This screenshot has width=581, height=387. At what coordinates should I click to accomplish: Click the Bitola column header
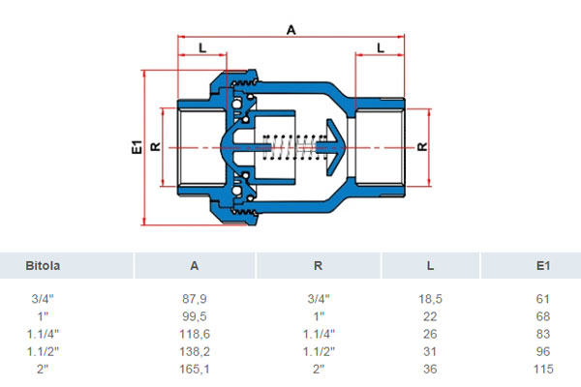tap(43, 265)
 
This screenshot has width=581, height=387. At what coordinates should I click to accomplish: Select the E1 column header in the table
tap(543, 265)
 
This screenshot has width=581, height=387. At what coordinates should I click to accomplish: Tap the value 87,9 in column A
tap(195, 299)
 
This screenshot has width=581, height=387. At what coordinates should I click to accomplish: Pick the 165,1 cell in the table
tap(195, 369)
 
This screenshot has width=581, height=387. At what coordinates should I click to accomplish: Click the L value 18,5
tap(430, 299)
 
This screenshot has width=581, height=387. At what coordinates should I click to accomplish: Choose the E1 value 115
tap(543, 369)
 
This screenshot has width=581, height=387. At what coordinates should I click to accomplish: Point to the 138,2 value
tap(195, 351)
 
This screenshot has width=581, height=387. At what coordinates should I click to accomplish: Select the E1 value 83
tap(543, 334)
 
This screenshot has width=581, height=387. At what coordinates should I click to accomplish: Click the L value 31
tap(430, 351)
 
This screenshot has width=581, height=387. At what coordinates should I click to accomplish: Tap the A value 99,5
tap(195, 316)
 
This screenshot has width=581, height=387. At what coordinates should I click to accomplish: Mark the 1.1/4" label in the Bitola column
tap(43, 334)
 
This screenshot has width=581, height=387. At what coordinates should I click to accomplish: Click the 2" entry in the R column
tap(319, 369)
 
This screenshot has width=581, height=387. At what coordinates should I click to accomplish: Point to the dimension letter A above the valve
tap(291, 30)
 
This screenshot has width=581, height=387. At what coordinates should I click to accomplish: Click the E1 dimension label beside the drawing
tap(137, 147)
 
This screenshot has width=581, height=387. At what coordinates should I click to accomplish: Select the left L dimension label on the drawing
tap(202, 47)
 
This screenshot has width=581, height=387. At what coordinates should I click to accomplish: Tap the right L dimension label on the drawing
tap(381, 47)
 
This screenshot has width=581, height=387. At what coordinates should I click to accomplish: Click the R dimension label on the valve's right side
tap(422, 147)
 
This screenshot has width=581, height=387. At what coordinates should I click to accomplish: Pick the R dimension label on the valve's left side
tap(156, 147)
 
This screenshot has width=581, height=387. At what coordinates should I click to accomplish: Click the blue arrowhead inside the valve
tap(335, 147)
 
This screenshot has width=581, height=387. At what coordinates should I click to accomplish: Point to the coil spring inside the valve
tap(289, 147)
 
